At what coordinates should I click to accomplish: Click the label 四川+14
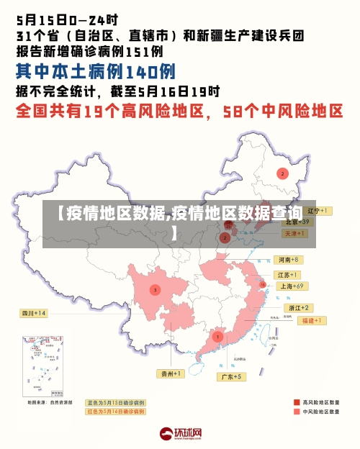click(x=33, y=313)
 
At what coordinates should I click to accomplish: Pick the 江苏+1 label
click(x=287, y=275)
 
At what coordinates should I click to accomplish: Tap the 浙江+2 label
click(x=298, y=307)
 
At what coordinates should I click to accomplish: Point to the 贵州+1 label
click(x=171, y=373)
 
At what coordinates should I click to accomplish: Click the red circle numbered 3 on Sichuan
click(x=154, y=289)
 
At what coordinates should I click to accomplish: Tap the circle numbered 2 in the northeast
click(x=282, y=173)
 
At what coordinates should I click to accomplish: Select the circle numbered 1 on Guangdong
click(x=217, y=336)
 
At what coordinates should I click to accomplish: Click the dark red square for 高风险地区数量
click(x=297, y=402)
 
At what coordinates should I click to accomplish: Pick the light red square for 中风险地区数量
click(x=297, y=412)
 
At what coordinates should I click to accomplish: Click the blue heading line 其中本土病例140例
click(x=96, y=72)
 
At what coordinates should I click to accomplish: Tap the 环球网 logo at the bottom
click(x=180, y=434)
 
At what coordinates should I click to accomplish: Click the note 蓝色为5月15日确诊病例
click(x=116, y=403)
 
